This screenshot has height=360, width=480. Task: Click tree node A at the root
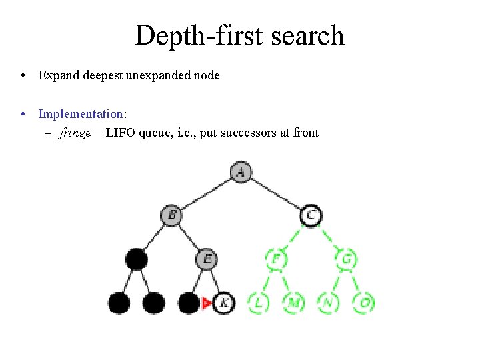(241, 172)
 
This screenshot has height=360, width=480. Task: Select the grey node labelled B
(171, 215)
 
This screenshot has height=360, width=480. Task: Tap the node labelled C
(311, 215)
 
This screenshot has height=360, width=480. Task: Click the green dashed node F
(275, 259)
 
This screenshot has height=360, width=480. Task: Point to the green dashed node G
(346, 259)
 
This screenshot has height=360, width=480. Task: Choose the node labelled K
(224, 303)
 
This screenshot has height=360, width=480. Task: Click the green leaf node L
(258, 303)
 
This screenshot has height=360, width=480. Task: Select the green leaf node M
(293, 303)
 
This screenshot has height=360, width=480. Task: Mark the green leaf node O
(364, 303)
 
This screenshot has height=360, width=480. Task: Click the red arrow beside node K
(207, 303)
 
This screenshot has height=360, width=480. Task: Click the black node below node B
(136, 259)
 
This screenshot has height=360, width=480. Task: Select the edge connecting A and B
(206, 194)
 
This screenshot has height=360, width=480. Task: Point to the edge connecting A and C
(276, 194)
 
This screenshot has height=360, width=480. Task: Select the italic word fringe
(75, 133)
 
